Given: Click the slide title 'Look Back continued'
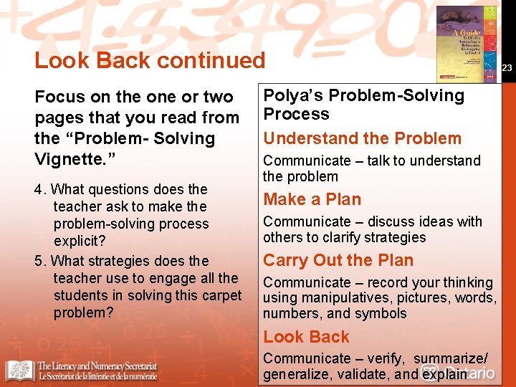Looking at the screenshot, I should click(150, 60).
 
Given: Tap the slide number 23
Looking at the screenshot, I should click(507, 68).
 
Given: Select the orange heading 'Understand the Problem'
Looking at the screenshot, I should click(362, 138).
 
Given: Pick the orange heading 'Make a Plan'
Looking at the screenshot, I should click(312, 199).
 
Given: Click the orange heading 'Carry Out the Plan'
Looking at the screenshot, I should click(338, 260).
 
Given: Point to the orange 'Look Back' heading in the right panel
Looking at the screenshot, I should click(306, 337).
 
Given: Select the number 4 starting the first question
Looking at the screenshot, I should click(39, 190).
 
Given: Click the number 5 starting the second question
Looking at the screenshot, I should click(39, 261).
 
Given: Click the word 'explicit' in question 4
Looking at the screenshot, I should click(77, 242).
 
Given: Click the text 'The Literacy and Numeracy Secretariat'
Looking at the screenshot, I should click(97, 365).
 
